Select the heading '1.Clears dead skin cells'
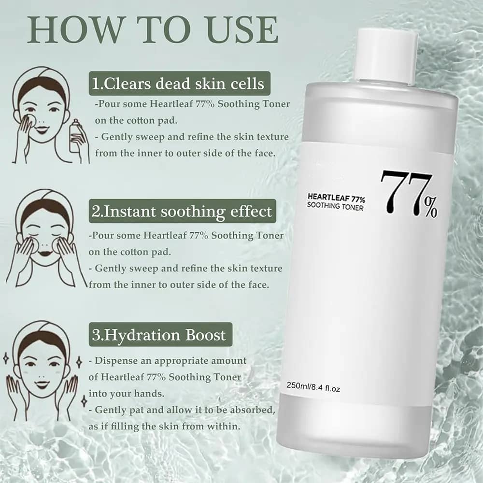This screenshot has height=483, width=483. pos(179,84)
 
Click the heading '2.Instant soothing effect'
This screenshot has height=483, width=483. pos(182,212)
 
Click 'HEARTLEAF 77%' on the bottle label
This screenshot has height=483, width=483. pos(336,198)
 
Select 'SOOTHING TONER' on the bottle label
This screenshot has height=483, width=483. pos(335,206)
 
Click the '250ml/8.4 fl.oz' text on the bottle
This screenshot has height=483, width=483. pos(313,386)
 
